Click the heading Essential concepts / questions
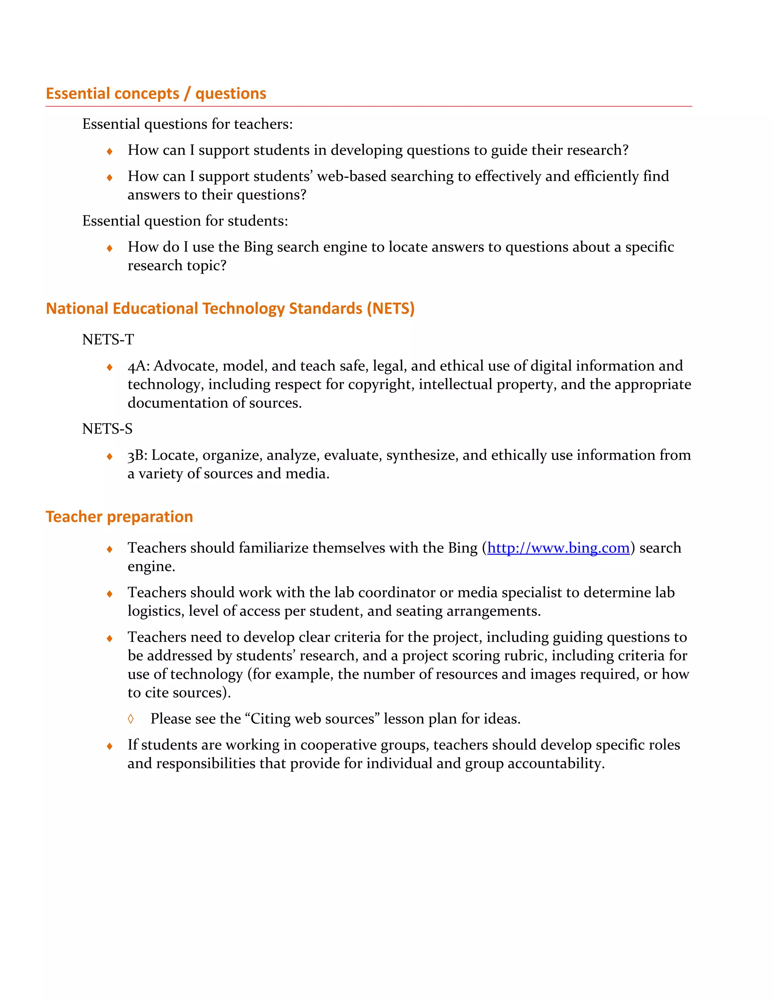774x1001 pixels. click(156, 94)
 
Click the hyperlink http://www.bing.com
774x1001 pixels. click(558, 548)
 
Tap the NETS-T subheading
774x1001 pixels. click(108, 340)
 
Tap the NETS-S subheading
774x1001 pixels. click(107, 429)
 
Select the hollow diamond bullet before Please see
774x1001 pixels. click(131, 719)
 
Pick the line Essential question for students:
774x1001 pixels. click(185, 221)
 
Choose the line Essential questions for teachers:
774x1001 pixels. click(187, 124)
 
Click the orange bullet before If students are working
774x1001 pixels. click(110, 746)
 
